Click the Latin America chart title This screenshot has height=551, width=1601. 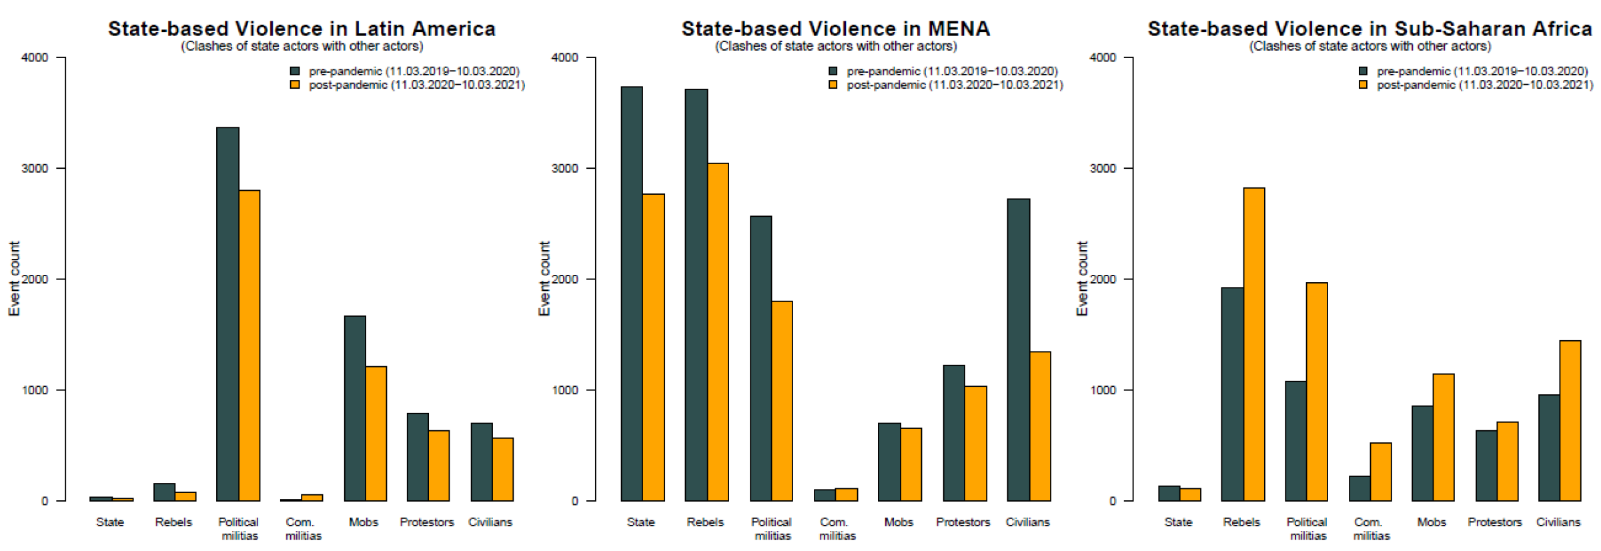(x=302, y=29)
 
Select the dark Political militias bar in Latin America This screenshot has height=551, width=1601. (x=227, y=314)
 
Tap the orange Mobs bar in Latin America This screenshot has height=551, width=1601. (x=376, y=434)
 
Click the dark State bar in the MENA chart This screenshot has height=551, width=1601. (x=632, y=294)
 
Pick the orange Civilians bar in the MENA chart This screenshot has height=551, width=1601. (x=1040, y=426)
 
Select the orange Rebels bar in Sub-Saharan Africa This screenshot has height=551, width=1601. (x=1253, y=344)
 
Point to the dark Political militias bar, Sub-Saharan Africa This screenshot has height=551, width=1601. (x=1295, y=441)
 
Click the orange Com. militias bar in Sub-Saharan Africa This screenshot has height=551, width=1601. (x=1380, y=472)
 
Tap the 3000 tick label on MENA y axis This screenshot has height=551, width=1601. (x=564, y=168)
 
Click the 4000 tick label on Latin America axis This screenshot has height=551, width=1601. (x=35, y=57)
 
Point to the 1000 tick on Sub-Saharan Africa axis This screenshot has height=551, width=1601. (x=1103, y=390)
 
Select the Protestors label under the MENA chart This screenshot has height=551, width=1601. (x=963, y=522)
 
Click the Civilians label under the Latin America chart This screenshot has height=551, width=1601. (x=490, y=522)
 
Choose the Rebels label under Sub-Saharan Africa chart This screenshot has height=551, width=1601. (x=1241, y=522)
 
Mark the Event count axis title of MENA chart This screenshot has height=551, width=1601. (x=544, y=279)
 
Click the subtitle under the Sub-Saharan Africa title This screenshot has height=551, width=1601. (x=1370, y=46)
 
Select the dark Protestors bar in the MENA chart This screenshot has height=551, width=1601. (x=953, y=433)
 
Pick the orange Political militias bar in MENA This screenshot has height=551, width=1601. (x=782, y=401)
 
